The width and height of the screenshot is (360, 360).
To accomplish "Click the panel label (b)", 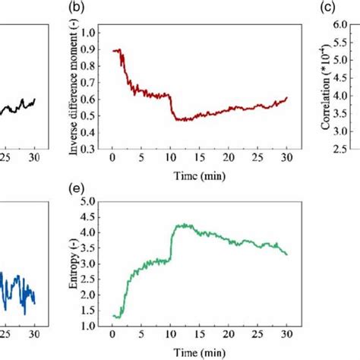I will coord(97,9).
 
